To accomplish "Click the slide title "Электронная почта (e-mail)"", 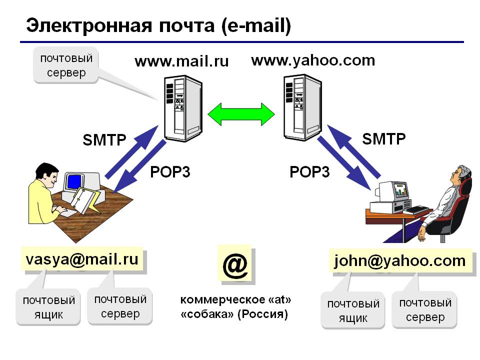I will point(158,26).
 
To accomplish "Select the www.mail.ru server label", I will point(181,61).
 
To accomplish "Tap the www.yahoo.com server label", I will point(313,60).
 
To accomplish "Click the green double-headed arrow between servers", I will point(241,114).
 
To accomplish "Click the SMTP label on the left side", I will point(104,140).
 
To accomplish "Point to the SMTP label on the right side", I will point(384,138).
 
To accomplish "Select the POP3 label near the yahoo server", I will point(309,172).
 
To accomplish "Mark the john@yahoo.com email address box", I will point(400,260).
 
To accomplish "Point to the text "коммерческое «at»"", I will point(235,300).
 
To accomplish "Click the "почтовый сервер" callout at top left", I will point(66,65).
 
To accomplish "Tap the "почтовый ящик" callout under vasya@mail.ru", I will point(48,307).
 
